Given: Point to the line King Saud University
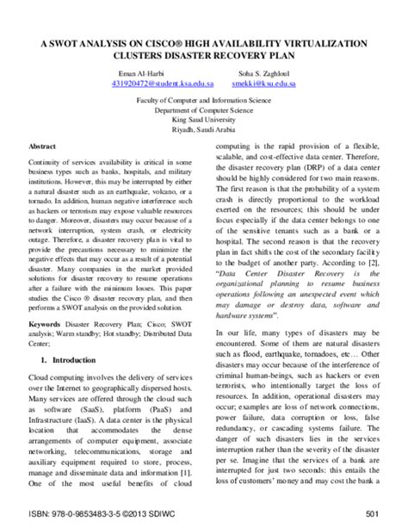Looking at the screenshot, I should tap(204, 120).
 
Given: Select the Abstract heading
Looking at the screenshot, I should tap(42, 147).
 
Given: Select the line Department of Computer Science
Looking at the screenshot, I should tap(204, 110).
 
